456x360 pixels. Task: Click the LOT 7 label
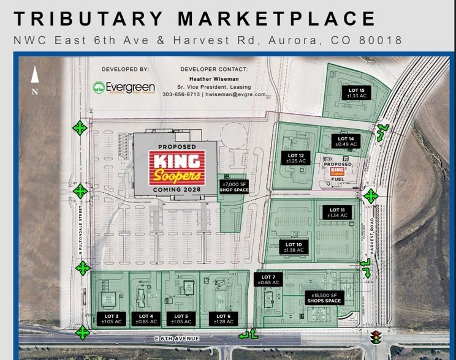coord(268,280)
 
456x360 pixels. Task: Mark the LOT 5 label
coord(181,318)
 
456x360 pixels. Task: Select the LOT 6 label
coord(222,318)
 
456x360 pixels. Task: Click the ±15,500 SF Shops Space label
coord(325,298)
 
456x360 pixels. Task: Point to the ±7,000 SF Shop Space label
coord(233,187)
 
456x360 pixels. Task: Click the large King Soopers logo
coord(176,168)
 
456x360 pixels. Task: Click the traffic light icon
coord(375,336)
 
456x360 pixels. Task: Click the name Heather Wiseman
coord(214,79)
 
